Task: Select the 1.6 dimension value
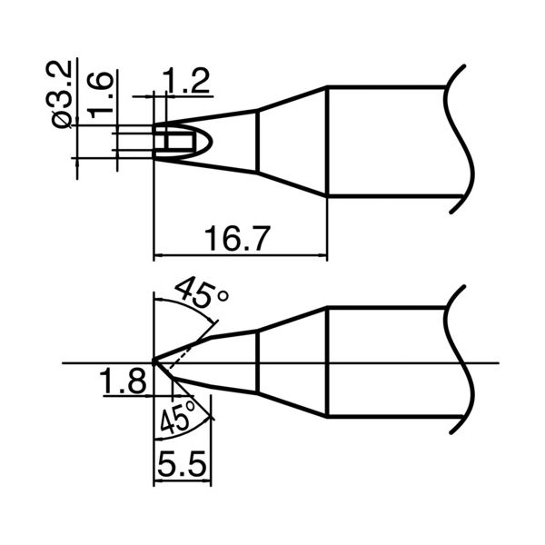coord(101,93)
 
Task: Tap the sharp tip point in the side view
coord(154,363)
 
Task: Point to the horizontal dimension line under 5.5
coord(182,486)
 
